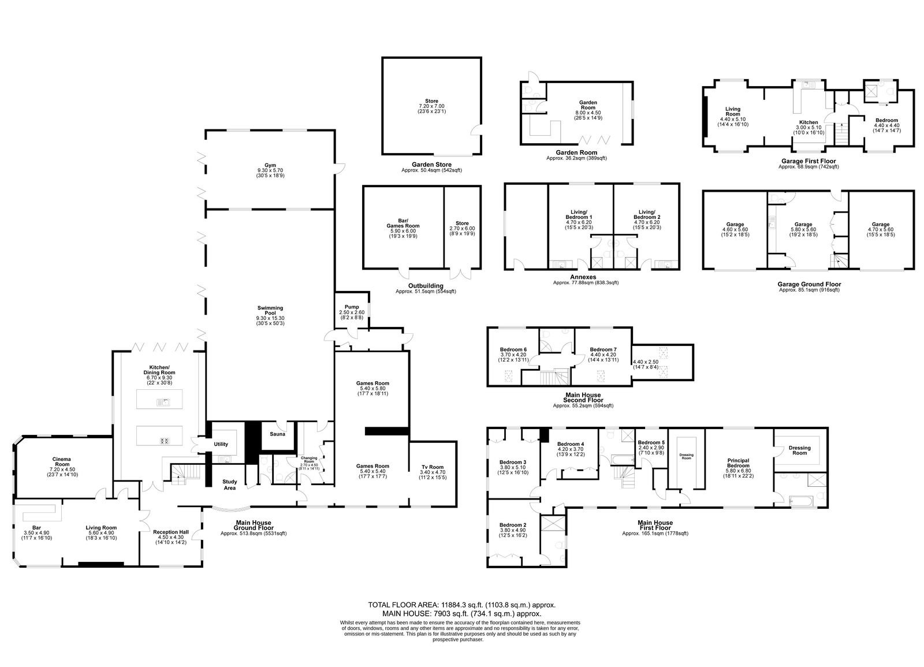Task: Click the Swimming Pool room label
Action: tap(270, 310)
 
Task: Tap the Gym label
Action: tap(270, 165)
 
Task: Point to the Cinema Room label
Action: tap(62, 461)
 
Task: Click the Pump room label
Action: tap(352, 307)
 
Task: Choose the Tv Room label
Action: tap(433, 467)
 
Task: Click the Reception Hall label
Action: tap(171, 532)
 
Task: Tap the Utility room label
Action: tap(221, 444)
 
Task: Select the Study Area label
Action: tap(230, 485)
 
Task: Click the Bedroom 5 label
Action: tap(651, 442)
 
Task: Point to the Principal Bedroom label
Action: tap(739, 463)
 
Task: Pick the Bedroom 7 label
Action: tap(603, 349)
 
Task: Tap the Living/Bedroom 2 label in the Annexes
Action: tap(647, 214)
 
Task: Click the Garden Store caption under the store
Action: tap(431, 165)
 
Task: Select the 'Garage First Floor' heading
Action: tap(808, 161)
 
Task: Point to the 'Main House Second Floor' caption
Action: tap(583, 397)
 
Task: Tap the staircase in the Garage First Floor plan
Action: tap(841, 133)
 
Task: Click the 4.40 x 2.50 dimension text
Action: tap(646, 362)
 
